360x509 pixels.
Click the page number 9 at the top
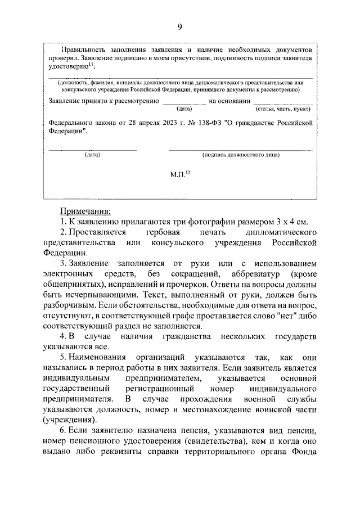tap(179, 26)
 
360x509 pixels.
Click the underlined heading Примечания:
tap(85, 211)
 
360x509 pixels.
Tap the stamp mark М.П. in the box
tap(180, 175)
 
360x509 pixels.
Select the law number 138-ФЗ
tap(212, 121)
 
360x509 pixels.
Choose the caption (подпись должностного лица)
tap(240, 154)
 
